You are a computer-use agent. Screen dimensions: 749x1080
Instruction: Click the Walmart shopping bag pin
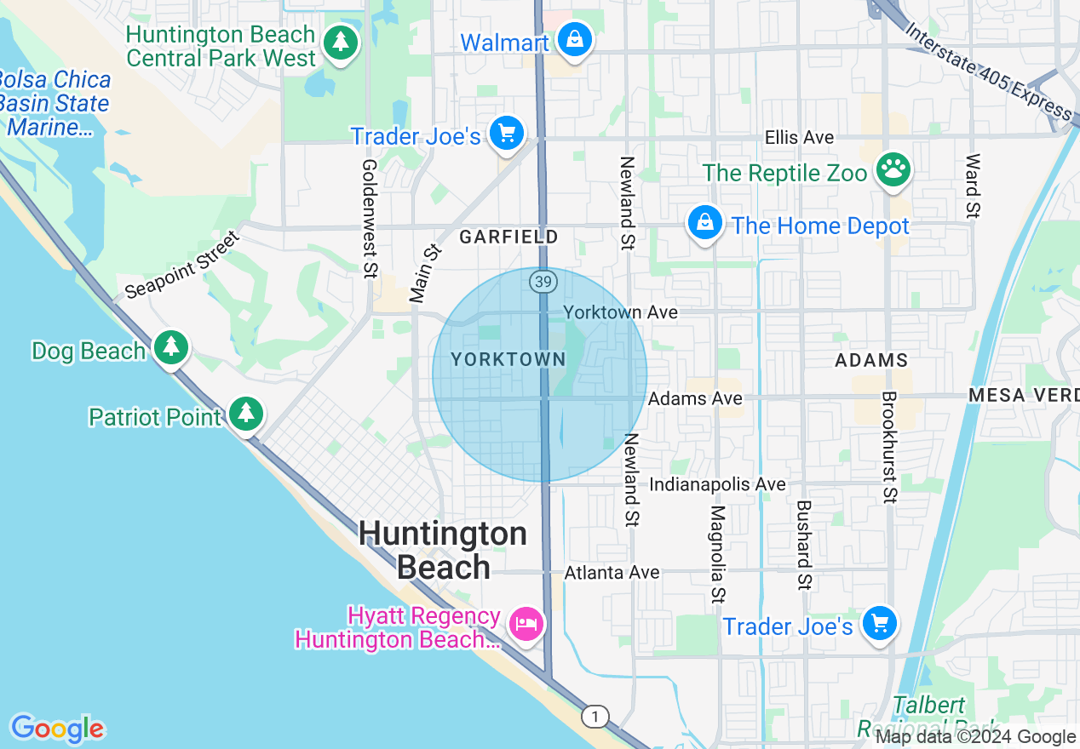pos(576,39)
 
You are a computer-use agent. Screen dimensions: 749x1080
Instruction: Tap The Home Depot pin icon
pos(705,223)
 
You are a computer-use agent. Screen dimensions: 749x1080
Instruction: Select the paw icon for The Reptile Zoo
pos(893,169)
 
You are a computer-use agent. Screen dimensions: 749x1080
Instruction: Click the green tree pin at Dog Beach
pos(172,347)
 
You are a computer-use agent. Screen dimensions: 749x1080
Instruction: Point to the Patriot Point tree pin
pos(247,414)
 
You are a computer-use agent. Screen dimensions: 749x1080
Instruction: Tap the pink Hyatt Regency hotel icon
pos(526,624)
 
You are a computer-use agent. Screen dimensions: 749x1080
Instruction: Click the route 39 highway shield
pos(543,281)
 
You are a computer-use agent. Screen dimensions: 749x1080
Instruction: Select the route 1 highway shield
pos(595,717)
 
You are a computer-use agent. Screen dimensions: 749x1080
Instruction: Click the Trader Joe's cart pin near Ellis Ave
pos(508,134)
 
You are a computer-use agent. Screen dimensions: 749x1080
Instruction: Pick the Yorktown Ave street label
pos(621,312)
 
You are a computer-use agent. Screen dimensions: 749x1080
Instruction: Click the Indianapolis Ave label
pos(717,484)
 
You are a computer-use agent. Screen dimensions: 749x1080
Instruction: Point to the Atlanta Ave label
pos(612,573)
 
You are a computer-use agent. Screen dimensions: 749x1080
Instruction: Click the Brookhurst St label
pos(888,446)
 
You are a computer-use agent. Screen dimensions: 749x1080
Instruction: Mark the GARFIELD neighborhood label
pos(508,237)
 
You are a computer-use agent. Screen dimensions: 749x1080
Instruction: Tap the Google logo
pos(57,729)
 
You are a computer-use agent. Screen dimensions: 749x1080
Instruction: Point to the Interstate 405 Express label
pos(988,71)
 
